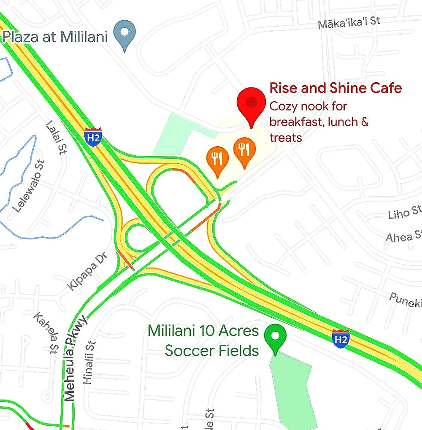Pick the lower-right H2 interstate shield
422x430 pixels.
(341, 339)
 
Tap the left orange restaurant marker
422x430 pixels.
(217, 159)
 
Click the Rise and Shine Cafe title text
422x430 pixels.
(335, 89)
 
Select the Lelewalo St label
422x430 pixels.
(28, 186)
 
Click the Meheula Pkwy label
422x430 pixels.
(75, 359)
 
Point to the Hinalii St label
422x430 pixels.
(89, 362)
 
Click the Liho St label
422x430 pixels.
(405, 212)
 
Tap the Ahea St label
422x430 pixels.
(403, 236)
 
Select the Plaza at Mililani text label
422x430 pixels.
(55, 37)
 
